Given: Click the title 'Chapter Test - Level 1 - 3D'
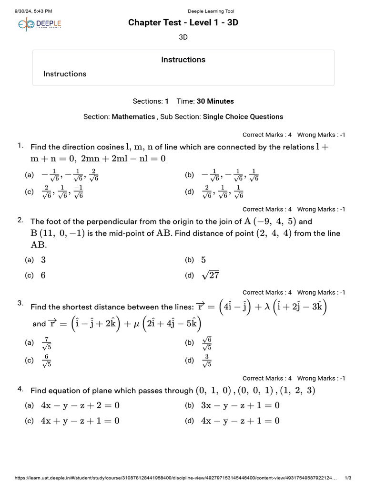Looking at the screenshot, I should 183,23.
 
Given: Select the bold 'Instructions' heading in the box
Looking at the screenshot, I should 183,60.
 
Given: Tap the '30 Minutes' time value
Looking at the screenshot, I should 215,101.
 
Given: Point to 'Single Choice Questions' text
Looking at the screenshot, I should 243,117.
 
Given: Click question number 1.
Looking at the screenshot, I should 20,145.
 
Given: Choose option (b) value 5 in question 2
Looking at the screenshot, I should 203,260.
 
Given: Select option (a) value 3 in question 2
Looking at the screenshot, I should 43,260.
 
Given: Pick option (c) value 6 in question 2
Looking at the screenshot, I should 43,275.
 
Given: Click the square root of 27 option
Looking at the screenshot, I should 210,275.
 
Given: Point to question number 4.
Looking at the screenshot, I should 20,389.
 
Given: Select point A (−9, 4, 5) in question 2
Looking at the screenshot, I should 270,221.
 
